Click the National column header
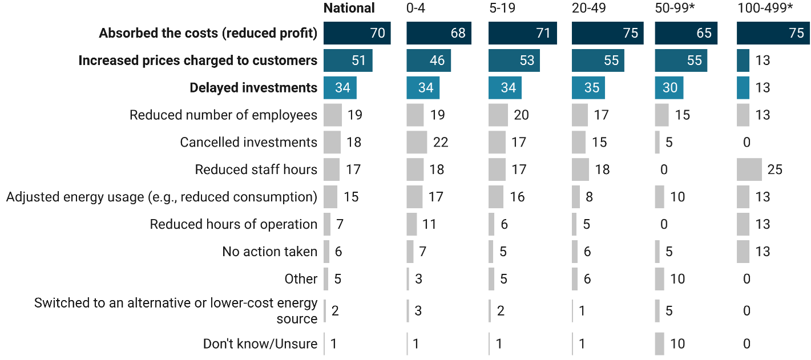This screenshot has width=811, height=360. [x=349, y=8]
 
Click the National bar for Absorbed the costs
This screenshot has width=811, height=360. [x=357, y=33]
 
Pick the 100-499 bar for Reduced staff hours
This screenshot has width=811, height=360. [x=749, y=169]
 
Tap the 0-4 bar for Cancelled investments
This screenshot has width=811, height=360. [x=417, y=142]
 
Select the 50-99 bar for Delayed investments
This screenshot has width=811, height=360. [x=669, y=88]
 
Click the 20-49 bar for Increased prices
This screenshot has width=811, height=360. [x=598, y=60]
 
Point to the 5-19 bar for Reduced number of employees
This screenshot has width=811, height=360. [x=498, y=115]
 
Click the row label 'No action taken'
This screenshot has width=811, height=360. [x=269, y=252]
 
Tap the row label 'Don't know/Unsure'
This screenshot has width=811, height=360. [x=260, y=344]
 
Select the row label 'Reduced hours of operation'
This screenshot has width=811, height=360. [x=233, y=224]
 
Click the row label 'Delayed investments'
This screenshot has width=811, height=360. [x=253, y=88]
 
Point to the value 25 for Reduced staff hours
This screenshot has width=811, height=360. [x=775, y=169]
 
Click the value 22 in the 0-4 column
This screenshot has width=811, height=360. [x=441, y=142]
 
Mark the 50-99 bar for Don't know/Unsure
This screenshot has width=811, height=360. [x=659, y=343]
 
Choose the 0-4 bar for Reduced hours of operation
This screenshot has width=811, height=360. [x=411, y=224]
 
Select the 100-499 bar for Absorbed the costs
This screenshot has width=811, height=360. [x=773, y=33]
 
